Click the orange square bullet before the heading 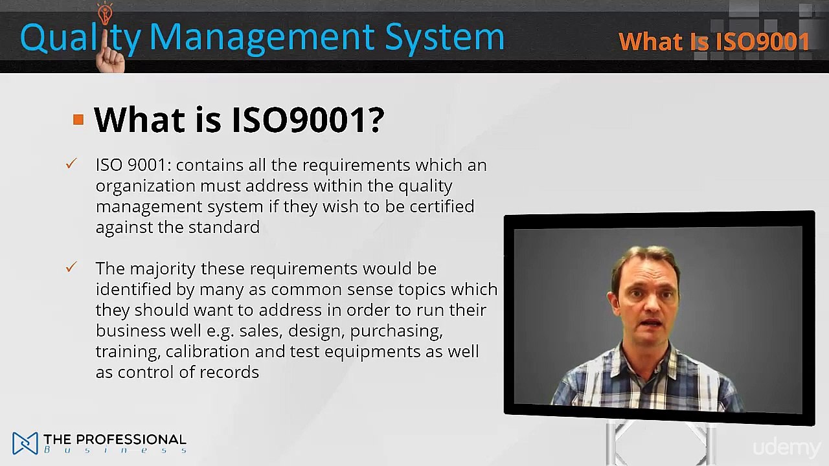point(78,120)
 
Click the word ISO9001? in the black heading point(308,120)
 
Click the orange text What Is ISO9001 point(714,42)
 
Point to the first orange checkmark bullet point(71,164)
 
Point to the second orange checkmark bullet point(71,267)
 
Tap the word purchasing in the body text point(396,331)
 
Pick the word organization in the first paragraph point(145,186)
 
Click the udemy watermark point(786,447)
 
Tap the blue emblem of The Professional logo point(25,443)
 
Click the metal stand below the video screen point(657,443)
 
